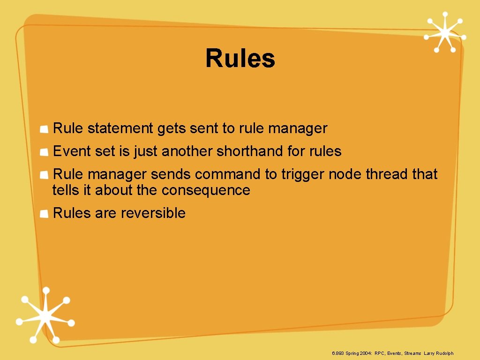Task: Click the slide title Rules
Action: [x=240, y=59]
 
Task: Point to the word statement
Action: [x=120, y=128]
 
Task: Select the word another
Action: [x=187, y=151]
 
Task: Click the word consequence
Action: [x=206, y=190]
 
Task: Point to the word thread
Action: [x=387, y=174]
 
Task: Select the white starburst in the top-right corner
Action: [x=444, y=32]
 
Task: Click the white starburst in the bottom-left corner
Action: [x=45, y=315]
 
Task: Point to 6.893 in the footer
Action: [x=337, y=353]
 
